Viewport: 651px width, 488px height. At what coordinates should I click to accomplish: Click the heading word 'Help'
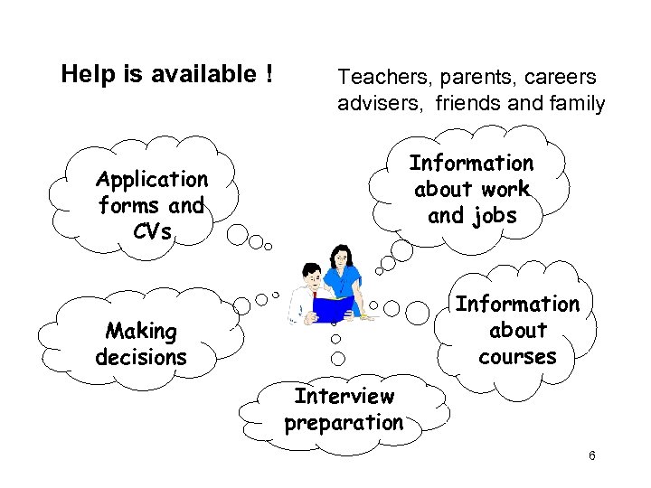coord(83,74)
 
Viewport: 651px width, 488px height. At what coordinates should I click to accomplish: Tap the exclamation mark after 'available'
coord(269,74)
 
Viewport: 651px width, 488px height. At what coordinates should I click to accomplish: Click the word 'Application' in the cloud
coord(152,179)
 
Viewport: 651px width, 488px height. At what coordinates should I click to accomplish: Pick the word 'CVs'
coord(151,231)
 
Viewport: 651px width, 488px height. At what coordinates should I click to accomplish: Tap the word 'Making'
coord(141,331)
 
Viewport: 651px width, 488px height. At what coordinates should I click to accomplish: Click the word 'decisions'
coord(141,357)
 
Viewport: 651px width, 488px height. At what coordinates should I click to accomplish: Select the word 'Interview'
coord(344,396)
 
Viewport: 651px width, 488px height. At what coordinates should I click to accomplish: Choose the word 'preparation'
coord(344,422)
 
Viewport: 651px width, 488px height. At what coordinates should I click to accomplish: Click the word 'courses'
coord(517,357)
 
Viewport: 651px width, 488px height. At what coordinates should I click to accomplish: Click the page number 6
coord(592,455)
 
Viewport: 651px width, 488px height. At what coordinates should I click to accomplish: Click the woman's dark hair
coord(341,254)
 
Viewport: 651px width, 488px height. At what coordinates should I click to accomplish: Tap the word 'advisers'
coord(382,103)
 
